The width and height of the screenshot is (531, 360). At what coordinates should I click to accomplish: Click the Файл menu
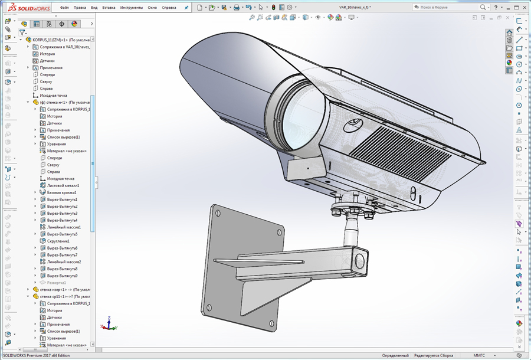click(64, 8)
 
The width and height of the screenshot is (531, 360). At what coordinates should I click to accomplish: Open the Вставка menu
click(109, 8)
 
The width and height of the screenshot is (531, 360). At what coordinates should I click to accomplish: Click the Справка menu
click(169, 8)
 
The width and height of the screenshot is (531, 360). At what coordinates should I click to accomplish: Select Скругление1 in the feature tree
click(58, 241)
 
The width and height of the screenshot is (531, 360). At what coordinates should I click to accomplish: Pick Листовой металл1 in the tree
click(63, 185)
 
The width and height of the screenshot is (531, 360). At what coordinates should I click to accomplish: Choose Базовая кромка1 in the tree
click(61, 192)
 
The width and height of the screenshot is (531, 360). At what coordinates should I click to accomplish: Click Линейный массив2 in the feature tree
click(64, 261)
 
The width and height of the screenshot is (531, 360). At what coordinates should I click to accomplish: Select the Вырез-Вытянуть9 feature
click(62, 276)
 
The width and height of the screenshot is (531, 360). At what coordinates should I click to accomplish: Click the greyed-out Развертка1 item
click(57, 283)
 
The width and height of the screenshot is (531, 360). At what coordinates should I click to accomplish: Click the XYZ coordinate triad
click(109, 324)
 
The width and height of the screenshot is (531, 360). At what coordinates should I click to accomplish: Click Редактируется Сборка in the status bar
click(434, 356)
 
